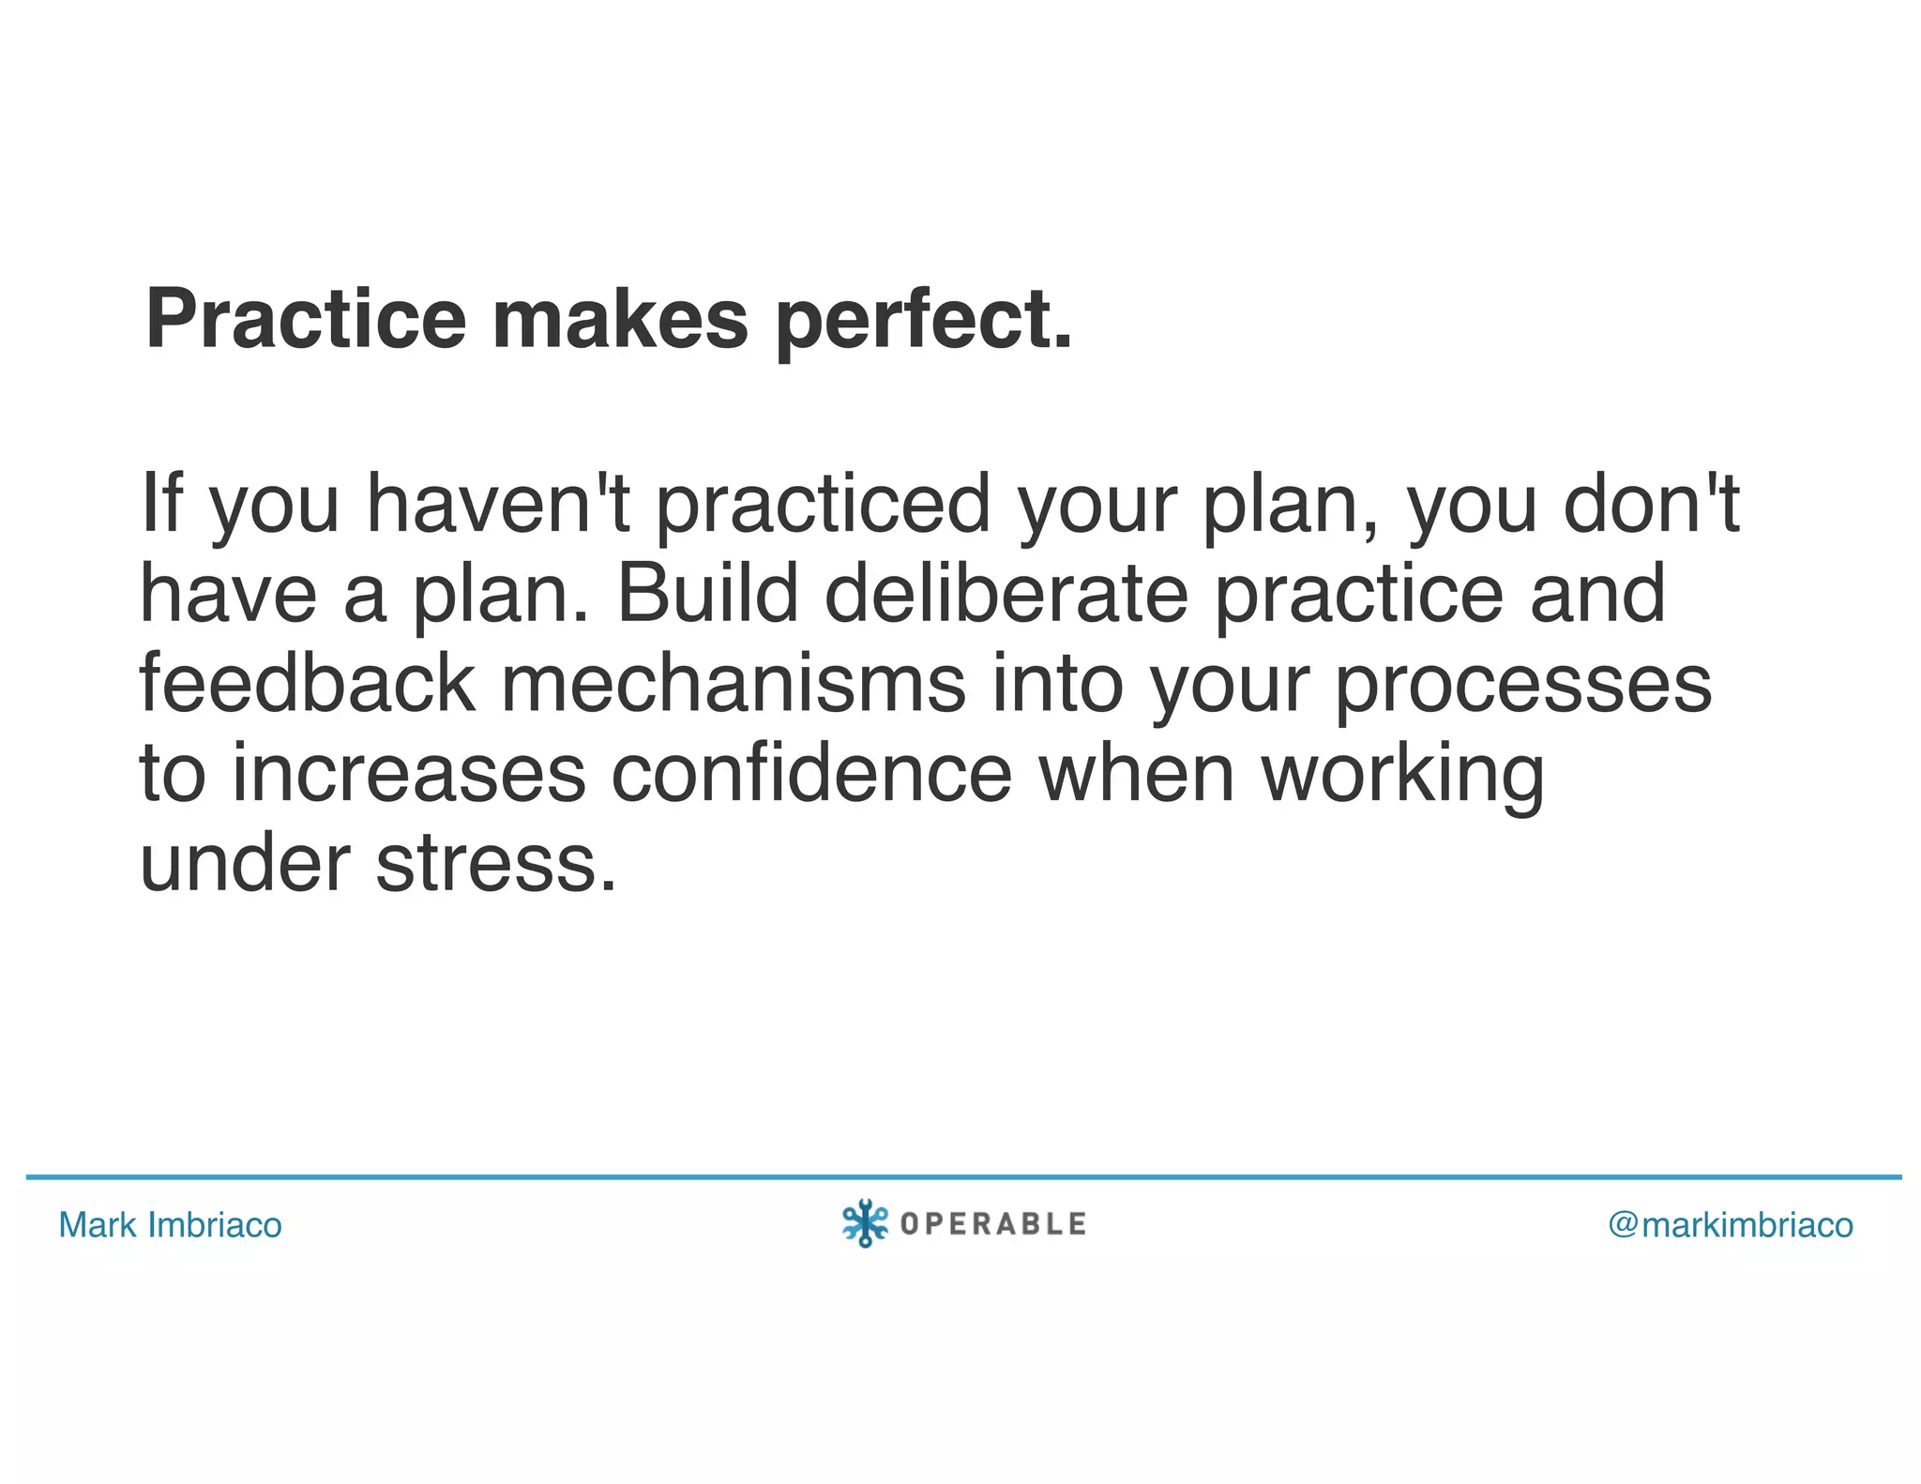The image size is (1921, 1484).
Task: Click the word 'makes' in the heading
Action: [x=620, y=319]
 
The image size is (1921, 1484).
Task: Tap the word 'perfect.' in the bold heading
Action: [x=924, y=321]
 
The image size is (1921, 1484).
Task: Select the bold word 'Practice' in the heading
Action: [x=306, y=319]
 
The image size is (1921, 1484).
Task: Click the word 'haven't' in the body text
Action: [x=498, y=504]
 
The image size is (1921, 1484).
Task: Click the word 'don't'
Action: [x=1651, y=504]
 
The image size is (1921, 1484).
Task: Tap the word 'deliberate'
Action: [x=1006, y=594]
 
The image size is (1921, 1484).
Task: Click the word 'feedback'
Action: [x=308, y=683]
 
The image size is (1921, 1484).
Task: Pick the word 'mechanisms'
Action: [x=734, y=683]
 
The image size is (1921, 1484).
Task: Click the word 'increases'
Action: [x=409, y=774]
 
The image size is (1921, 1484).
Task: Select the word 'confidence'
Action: [x=812, y=774]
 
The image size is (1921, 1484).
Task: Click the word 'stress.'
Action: [x=496, y=863]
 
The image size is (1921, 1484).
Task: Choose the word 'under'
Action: [x=245, y=863]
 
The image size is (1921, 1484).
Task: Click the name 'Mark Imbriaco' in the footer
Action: [x=170, y=1225]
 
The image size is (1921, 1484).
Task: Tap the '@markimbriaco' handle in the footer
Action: [x=1731, y=1225]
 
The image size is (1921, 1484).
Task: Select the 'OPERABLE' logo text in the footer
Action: [x=993, y=1224]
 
